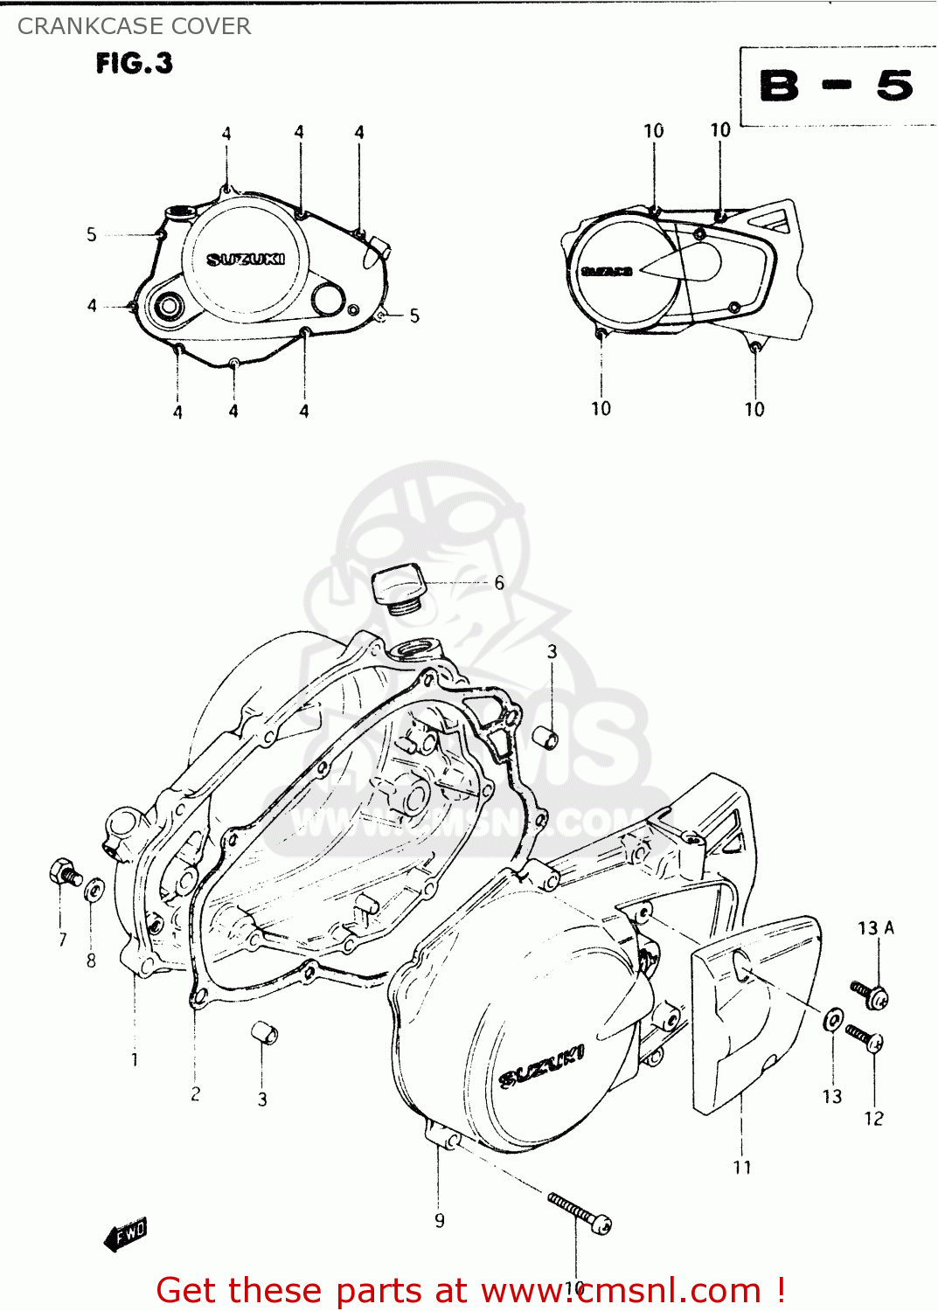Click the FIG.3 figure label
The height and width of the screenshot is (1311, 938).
[x=135, y=64]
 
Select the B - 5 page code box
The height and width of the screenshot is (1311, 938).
[x=836, y=87]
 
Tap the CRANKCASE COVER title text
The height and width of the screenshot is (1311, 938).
[x=134, y=26]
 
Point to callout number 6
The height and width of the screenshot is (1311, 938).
[x=499, y=583]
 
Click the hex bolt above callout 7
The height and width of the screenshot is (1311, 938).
[x=65, y=872]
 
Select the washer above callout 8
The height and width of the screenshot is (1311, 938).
[x=93, y=891]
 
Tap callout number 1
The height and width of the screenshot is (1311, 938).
[x=135, y=1060]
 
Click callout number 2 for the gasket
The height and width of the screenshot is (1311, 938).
[x=195, y=1093]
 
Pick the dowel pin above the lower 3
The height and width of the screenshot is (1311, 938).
[x=264, y=1032]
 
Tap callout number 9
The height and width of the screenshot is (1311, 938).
[x=440, y=1221]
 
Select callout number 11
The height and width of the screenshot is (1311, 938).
[x=742, y=1168]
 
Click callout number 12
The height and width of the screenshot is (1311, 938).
[x=873, y=1119]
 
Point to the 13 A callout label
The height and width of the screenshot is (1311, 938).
[x=875, y=928]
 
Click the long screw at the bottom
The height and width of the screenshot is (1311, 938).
[x=579, y=1212]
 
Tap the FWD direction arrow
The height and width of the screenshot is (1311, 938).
[x=125, y=1235]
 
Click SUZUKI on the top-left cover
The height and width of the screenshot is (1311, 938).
[x=246, y=260]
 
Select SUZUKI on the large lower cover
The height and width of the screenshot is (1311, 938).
[x=541, y=1067]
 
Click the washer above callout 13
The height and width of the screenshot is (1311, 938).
[x=834, y=1019]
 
